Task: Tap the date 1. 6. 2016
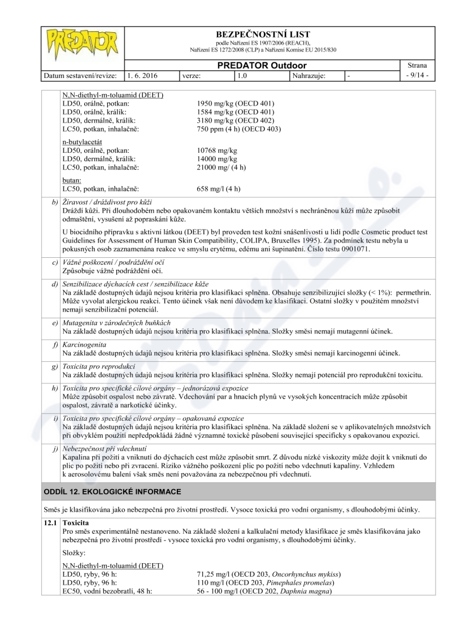click(142, 75)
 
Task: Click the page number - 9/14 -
click(418, 75)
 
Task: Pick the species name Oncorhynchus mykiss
click(300, 575)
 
